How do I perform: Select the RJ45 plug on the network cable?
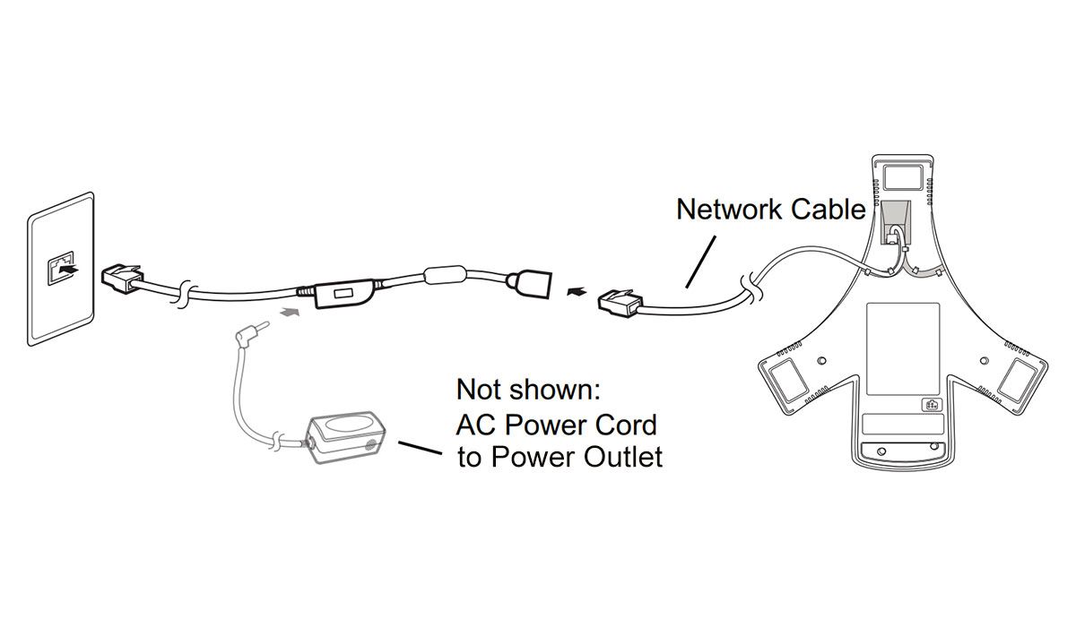tap(618, 301)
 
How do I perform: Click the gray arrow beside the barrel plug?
tap(289, 313)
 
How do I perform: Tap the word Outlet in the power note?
tap(620, 458)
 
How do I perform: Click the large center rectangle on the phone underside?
tap(902, 348)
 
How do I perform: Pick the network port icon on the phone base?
tap(930, 404)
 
